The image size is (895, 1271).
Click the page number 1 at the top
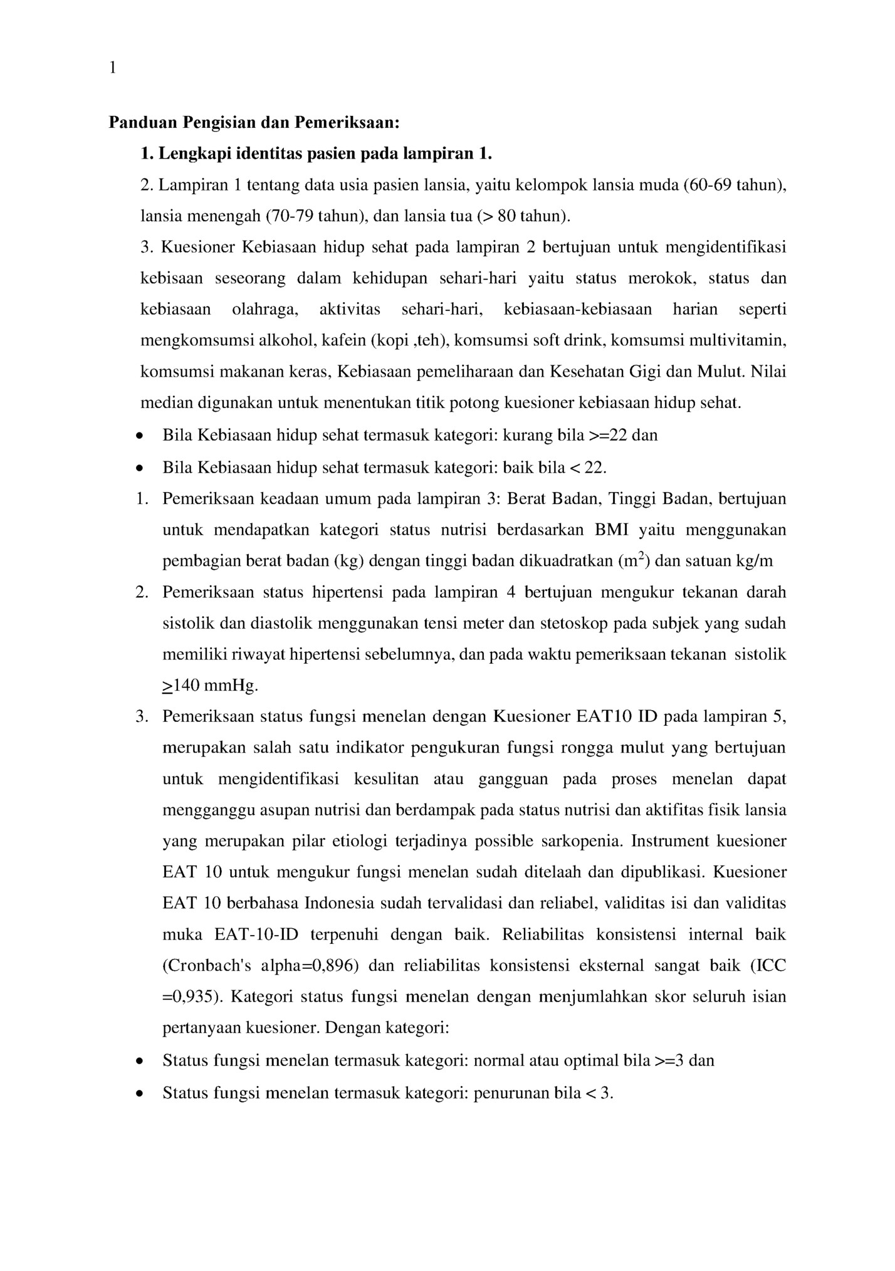click(x=113, y=68)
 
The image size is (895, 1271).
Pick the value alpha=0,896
click(x=310, y=966)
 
